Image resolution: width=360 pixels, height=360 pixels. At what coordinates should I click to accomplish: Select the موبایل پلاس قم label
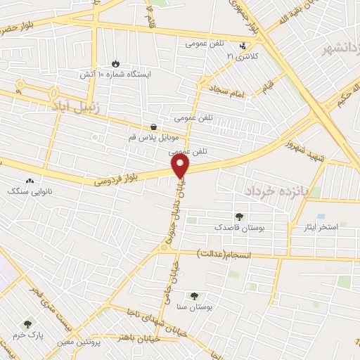point(153,137)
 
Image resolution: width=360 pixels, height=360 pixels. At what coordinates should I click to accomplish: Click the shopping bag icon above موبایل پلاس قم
point(153,126)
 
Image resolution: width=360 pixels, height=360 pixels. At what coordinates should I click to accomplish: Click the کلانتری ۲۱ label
point(243,55)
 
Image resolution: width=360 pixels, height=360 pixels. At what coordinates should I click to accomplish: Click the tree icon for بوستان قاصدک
point(240,217)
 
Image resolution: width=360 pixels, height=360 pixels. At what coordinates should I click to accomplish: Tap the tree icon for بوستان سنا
point(195,297)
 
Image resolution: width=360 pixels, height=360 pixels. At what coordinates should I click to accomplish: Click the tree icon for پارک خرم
point(28,324)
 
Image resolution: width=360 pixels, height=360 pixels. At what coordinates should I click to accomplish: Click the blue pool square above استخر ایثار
point(321,217)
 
